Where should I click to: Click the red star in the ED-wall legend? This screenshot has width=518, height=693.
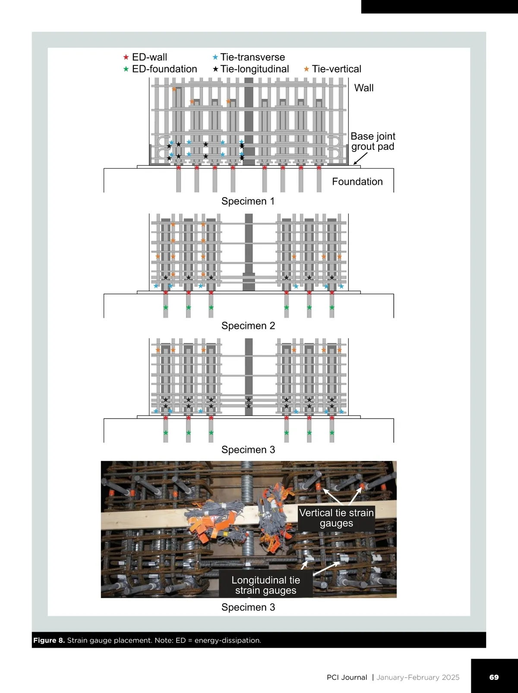[x=126, y=57]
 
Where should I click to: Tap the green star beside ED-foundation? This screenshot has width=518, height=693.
[x=126, y=69]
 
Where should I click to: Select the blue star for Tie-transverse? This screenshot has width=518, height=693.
[x=215, y=57]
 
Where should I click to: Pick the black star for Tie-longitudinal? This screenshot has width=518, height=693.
[x=215, y=69]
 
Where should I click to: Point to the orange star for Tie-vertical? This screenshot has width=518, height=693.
[x=306, y=69]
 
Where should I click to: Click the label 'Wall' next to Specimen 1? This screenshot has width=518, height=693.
[x=364, y=88]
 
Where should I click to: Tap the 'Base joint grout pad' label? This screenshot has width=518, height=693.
[x=373, y=141]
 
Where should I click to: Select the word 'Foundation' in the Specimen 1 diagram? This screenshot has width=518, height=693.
[x=357, y=182]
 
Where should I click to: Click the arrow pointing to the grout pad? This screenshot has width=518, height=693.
[x=360, y=158]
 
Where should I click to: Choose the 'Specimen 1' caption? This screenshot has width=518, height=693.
[x=248, y=201]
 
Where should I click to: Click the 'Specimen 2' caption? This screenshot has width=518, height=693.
[x=248, y=325]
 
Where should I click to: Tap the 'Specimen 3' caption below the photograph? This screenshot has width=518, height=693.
[x=248, y=607]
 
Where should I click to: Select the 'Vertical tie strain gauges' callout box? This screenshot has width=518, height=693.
[x=336, y=518]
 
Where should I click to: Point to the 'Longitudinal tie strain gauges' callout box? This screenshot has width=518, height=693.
[x=265, y=585]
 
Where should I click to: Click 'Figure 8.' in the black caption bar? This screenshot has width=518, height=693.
[x=49, y=640]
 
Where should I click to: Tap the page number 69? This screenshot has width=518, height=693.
[x=494, y=677]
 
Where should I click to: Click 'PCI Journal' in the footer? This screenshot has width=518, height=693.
[x=347, y=677]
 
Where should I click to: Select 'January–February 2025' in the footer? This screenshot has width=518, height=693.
[x=418, y=677]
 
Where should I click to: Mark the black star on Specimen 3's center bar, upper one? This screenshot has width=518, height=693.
[x=249, y=400]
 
